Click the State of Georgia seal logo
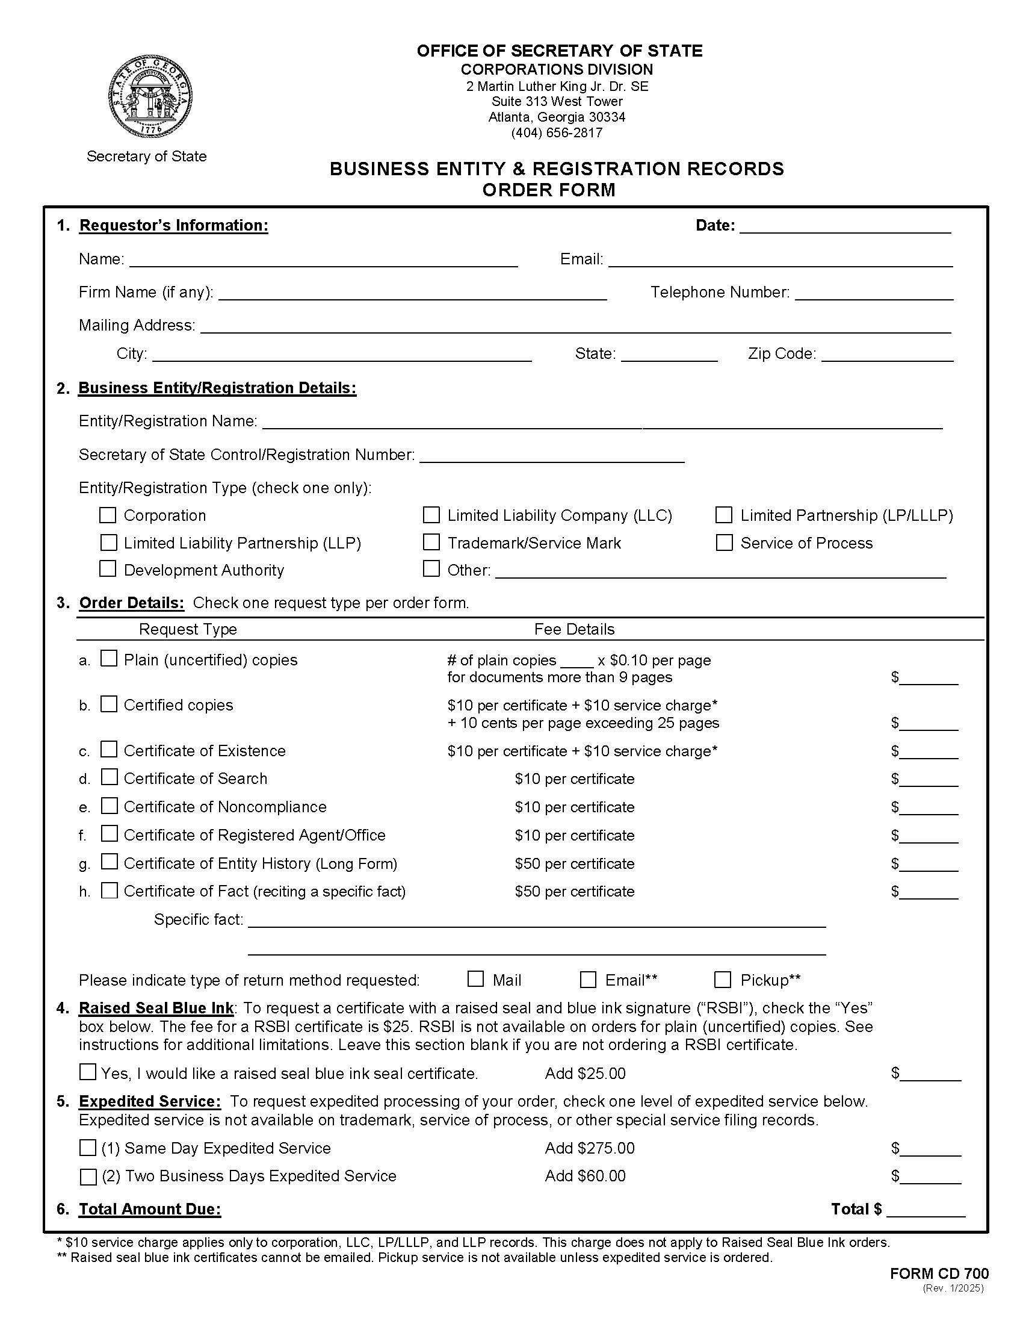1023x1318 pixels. [151, 98]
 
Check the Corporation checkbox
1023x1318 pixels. [108, 515]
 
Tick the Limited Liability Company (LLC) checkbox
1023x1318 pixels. [431, 515]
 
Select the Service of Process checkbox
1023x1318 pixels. [724, 542]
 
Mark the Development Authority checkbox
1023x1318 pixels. [108, 569]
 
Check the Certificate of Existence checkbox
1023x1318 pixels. [109, 750]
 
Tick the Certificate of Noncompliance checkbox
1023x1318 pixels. [109, 806]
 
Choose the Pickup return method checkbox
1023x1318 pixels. [723, 980]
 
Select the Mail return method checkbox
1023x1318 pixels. [475, 979]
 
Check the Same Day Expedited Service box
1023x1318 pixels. [88, 1147]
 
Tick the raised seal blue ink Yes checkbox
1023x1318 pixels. [88, 1072]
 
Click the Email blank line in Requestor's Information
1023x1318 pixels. [780, 261]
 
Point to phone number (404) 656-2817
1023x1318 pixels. [557, 133]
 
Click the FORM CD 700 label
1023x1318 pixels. [939, 1273]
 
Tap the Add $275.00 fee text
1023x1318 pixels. [589, 1148]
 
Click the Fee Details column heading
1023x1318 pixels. [574, 629]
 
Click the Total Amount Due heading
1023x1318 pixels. [150, 1210]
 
